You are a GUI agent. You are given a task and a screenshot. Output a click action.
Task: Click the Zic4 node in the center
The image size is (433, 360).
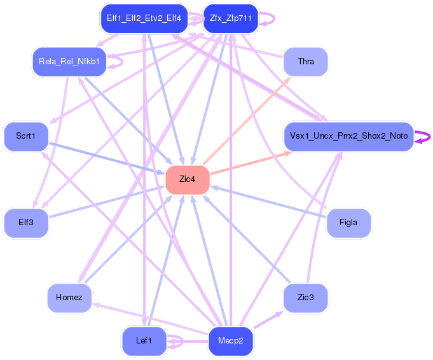[x=188, y=179]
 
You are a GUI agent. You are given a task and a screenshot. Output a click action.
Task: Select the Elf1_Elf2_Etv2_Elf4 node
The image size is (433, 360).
[x=144, y=18]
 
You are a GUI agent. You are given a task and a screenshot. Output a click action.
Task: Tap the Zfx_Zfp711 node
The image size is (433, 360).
[x=231, y=18]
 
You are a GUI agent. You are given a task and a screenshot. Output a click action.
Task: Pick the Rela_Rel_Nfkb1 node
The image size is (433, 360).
[x=69, y=62]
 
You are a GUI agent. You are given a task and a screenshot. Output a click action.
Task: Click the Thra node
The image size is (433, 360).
[x=306, y=62]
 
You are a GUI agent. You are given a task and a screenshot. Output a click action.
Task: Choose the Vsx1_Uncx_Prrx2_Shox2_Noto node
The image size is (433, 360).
[x=349, y=136]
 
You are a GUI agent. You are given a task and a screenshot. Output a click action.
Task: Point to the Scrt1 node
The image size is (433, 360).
[x=26, y=136]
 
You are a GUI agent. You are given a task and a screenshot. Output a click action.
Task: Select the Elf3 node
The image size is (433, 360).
[x=26, y=223]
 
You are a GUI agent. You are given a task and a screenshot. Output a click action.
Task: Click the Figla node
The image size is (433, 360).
[x=348, y=223]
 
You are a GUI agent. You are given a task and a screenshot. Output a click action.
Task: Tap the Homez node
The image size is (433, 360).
[x=69, y=298]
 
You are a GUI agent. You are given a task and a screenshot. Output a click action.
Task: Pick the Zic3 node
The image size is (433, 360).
[x=306, y=298]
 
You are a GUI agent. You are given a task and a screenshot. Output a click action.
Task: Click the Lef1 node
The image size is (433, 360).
[x=144, y=341]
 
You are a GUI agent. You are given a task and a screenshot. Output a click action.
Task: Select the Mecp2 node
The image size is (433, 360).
[x=231, y=341]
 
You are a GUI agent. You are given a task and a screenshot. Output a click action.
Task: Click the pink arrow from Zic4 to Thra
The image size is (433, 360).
[x=246, y=121]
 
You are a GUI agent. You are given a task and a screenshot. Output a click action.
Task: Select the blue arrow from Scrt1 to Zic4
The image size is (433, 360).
[x=107, y=158]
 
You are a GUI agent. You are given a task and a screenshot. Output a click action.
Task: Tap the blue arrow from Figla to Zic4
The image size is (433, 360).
[x=268, y=202]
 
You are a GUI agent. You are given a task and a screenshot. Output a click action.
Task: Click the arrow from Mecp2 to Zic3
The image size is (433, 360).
[x=268, y=320]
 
